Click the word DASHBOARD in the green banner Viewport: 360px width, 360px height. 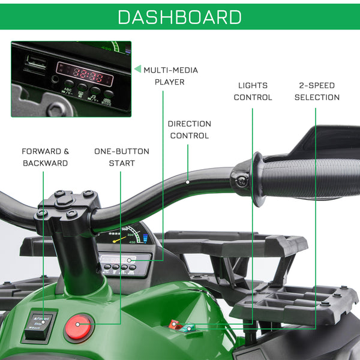click(x=180, y=16)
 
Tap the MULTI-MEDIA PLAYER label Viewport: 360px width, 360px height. click(x=170, y=76)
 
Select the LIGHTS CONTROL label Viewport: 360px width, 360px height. click(x=253, y=91)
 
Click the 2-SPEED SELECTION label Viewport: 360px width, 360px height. click(x=317, y=91)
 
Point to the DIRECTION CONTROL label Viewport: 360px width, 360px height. click(x=189, y=130)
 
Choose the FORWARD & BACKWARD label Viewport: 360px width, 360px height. click(x=45, y=157)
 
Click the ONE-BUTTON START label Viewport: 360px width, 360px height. click(x=122, y=157)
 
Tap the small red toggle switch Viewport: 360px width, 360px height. click(x=174, y=325)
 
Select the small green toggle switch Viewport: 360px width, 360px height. click(x=188, y=328)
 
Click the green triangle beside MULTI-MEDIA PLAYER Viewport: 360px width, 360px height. click(x=137, y=69)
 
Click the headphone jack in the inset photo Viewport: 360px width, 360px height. click(x=56, y=78)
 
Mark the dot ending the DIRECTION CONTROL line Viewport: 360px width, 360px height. click(x=188, y=182)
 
